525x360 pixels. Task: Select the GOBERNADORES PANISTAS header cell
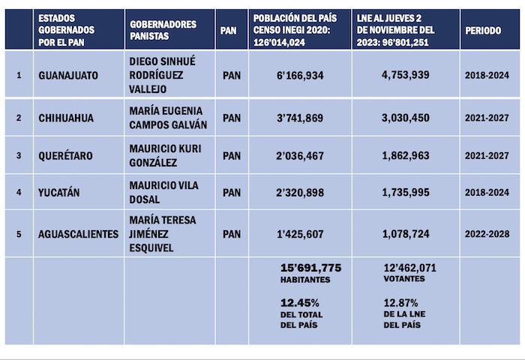pyautogui.click(x=163, y=29)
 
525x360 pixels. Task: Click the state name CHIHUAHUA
pyautogui.click(x=65, y=118)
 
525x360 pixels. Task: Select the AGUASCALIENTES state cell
pyautogui.click(x=78, y=234)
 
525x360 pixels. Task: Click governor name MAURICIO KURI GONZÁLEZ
pyautogui.click(x=165, y=155)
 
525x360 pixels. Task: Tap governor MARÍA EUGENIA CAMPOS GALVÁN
pyautogui.click(x=166, y=118)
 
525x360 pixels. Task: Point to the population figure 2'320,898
pyautogui.click(x=299, y=193)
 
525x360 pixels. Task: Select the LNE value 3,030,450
pyautogui.click(x=405, y=118)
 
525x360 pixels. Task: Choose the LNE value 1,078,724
pyautogui.click(x=405, y=234)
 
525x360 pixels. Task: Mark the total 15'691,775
pyautogui.click(x=310, y=268)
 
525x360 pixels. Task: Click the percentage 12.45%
pyautogui.click(x=298, y=301)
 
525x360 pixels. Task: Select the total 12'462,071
pyautogui.click(x=409, y=268)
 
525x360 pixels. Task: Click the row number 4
pyautogui.click(x=19, y=193)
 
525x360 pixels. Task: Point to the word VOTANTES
pyautogui.click(x=403, y=279)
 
